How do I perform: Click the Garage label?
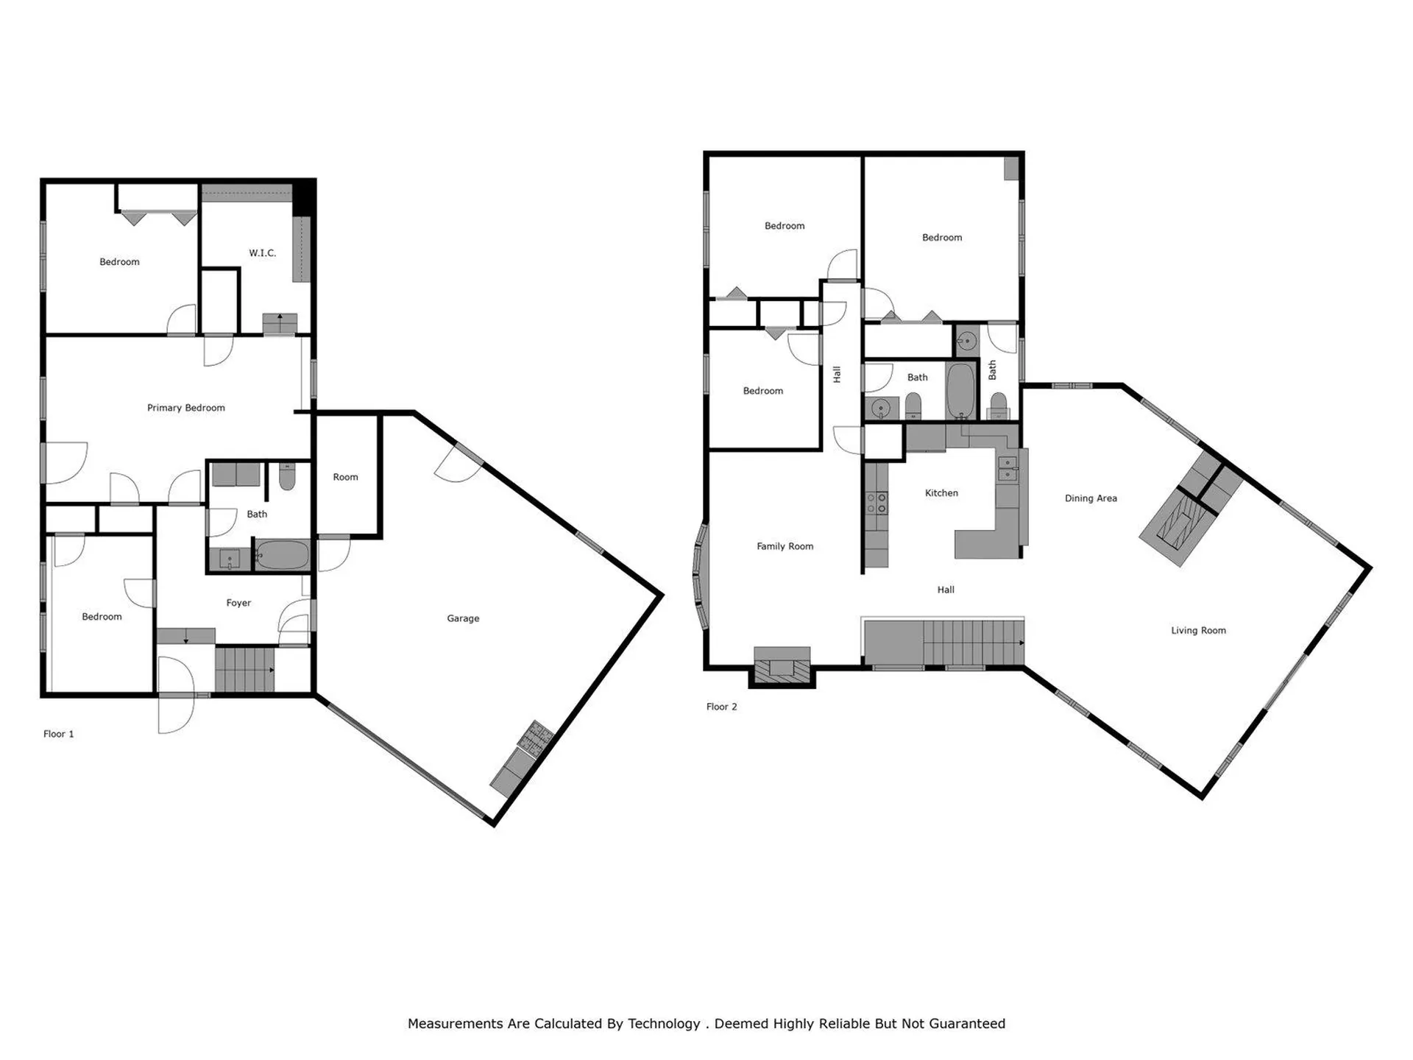[463, 618]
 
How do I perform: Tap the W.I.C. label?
[262, 253]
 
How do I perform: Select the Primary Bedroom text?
[185, 408]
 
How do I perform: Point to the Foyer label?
[238, 603]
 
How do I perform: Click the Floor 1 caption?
[59, 734]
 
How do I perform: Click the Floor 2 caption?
[721, 707]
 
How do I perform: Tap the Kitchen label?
[941, 493]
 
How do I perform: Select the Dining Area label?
[1091, 498]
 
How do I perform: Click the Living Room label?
[1198, 630]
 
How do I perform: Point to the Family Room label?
[785, 546]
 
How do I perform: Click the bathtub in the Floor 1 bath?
[283, 555]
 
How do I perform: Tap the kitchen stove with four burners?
[877, 503]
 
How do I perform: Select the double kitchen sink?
[1007, 468]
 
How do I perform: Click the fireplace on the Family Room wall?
[782, 667]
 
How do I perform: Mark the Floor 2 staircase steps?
[971, 642]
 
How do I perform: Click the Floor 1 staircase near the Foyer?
[244, 668]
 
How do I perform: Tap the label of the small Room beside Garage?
[345, 477]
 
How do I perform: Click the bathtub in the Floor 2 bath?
[960, 390]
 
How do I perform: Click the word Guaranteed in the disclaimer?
[967, 1024]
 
